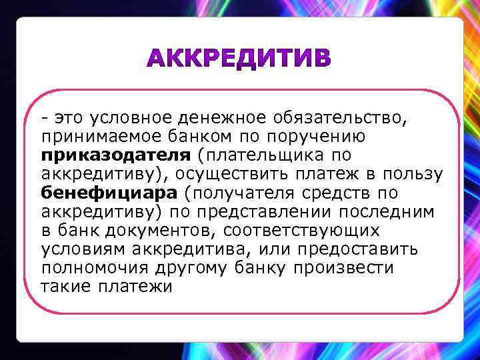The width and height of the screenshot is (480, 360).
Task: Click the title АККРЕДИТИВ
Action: [239, 60]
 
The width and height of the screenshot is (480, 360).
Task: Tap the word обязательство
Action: [338, 118]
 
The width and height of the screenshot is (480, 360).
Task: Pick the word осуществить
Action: [251, 174]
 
